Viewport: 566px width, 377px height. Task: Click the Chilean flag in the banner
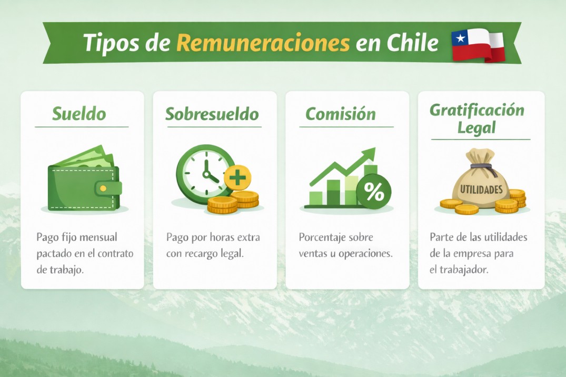tap(478, 45)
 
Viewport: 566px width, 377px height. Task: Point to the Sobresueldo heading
tap(212, 114)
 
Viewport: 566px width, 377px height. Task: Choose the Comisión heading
tap(341, 114)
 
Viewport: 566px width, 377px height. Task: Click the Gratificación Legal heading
tap(477, 119)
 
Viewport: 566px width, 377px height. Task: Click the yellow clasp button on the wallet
tap(103, 188)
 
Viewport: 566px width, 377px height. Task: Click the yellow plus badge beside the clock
tap(237, 177)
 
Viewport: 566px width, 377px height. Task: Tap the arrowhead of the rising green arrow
tap(370, 154)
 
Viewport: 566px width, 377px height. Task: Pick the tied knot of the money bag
tap(481, 167)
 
